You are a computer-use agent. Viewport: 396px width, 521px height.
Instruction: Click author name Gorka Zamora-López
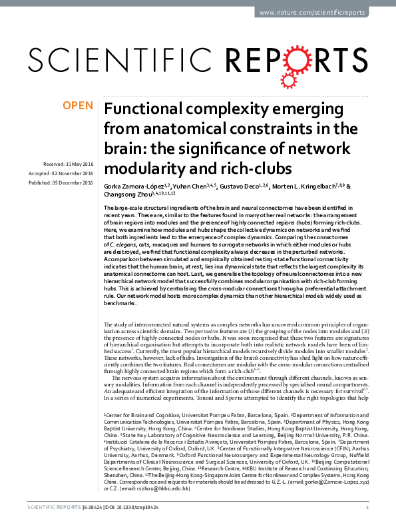(x=132, y=186)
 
